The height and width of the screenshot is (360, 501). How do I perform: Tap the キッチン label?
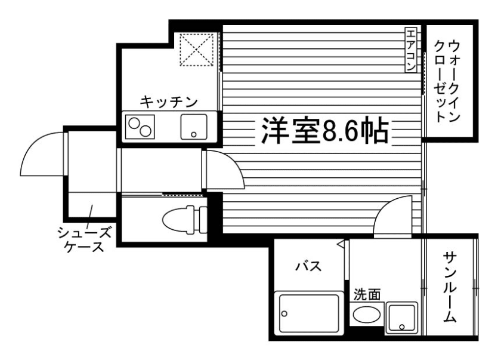pos(169,102)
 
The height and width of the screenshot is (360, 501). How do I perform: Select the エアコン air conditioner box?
pos(412,50)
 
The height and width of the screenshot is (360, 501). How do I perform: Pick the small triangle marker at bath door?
pos(340,244)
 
